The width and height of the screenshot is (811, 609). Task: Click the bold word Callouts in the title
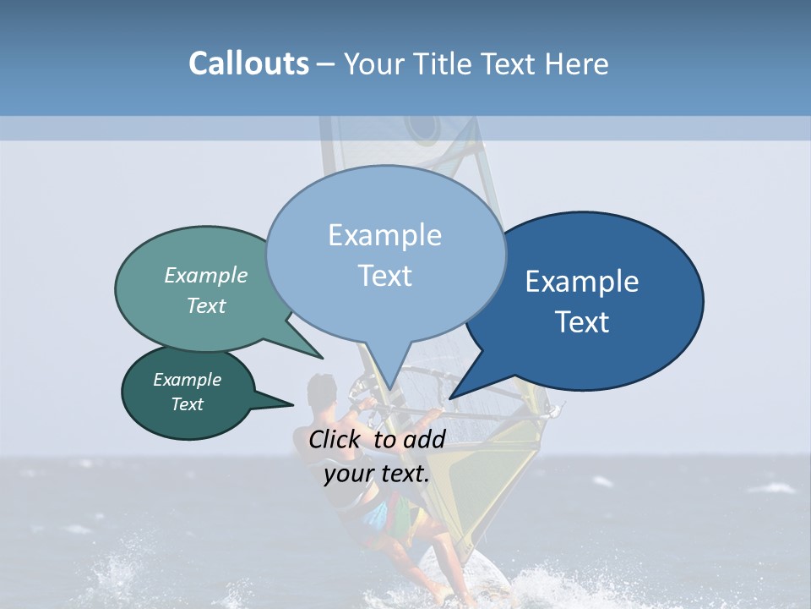248,63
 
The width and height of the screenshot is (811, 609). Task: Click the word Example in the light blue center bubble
384,235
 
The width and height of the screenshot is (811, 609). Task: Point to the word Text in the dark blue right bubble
583,322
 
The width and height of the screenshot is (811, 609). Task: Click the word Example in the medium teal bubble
206,275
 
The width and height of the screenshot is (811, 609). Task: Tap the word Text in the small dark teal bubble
188,404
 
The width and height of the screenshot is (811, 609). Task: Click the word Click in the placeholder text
336,439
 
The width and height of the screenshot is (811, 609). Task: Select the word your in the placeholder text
349,474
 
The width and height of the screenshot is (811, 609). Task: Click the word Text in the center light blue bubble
384,276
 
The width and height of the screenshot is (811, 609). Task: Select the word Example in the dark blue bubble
583,282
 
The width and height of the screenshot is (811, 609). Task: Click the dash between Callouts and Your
326,64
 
